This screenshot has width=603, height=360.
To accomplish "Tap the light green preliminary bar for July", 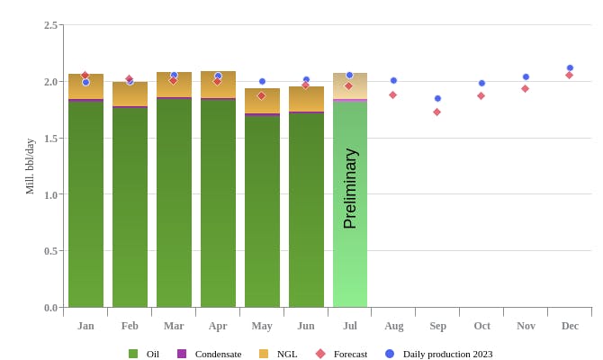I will click(x=350, y=261).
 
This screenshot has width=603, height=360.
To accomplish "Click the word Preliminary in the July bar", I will click(x=350, y=188).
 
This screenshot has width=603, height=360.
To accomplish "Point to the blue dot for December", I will click(x=570, y=67).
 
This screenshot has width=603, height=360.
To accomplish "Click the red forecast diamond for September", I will click(x=437, y=112).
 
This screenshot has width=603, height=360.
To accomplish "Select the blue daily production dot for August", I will click(x=393, y=80).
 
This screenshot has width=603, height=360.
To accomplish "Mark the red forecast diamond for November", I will click(x=526, y=88).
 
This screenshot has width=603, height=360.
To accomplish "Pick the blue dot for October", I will click(x=481, y=83).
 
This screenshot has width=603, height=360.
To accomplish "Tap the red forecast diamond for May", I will click(x=262, y=96).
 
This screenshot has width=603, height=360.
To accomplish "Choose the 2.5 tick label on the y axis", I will click(x=50, y=25).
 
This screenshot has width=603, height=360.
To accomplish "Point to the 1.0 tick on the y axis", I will click(x=50, y=194).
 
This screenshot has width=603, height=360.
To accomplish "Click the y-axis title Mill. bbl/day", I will click(x=30, y=166).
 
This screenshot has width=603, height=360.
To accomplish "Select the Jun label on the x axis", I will click(x=306, y=326).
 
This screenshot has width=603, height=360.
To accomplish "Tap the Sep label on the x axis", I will click(x=437, y=326).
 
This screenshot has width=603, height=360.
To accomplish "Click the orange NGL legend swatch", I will click(x=264, y=354).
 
